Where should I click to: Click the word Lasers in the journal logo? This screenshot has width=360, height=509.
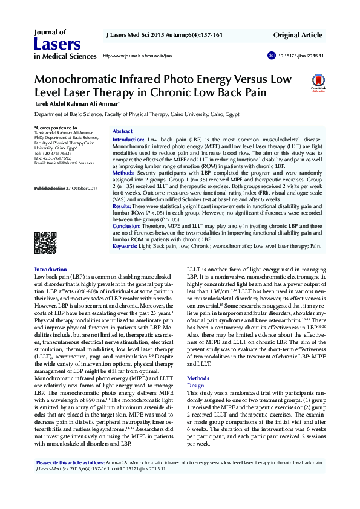pos(57,44)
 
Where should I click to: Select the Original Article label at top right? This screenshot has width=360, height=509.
pos(299,36)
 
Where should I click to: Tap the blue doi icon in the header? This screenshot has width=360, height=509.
pos(270,56)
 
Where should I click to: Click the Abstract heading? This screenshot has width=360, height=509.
pos(123,131)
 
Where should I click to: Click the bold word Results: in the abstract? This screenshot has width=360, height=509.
pos(125,206)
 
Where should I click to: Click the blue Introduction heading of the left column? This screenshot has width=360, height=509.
pos(51,270)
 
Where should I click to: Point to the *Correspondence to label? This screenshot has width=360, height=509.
pos(56,128)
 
